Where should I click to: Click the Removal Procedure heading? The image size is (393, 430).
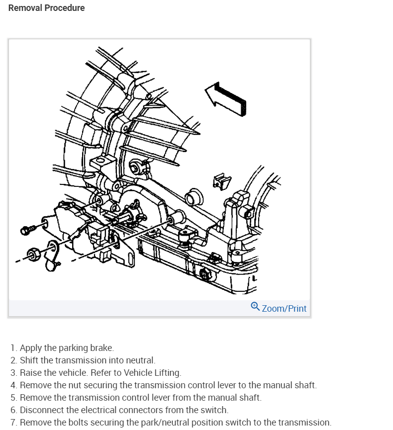click(x=47, y=8)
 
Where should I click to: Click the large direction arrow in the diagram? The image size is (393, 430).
click(x=225, y=96)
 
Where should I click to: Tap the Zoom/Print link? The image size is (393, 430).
click(x=284, y=308)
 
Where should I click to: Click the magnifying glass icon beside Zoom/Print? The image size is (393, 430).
click(x=255, y=307)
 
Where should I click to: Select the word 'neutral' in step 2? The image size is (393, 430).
click(x=142, y=360)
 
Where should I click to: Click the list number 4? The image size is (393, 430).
click(x=13, y=385)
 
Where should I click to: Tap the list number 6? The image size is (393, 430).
click(x=13, y=410)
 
